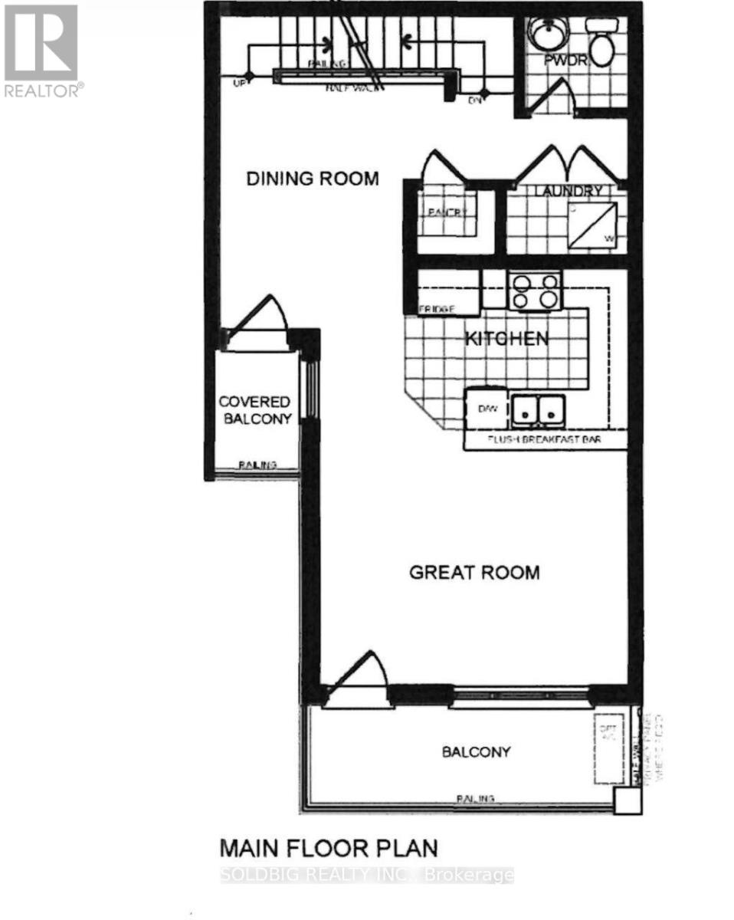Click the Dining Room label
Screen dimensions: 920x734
pos(312,179)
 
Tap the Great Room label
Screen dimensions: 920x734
pos(474,572)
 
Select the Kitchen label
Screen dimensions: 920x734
pos(507,338)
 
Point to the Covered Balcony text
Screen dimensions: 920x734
pos(255,410)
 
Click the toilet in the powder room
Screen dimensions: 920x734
pos(601,41)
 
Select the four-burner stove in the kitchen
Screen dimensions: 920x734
pos(534,291)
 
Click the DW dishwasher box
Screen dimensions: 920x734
pos(488,409)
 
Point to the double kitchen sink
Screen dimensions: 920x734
pos(538,409)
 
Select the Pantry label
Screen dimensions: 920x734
pos(446,214)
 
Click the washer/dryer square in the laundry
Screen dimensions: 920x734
pos(591,225)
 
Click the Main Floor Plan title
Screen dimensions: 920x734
pos(329,848)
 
